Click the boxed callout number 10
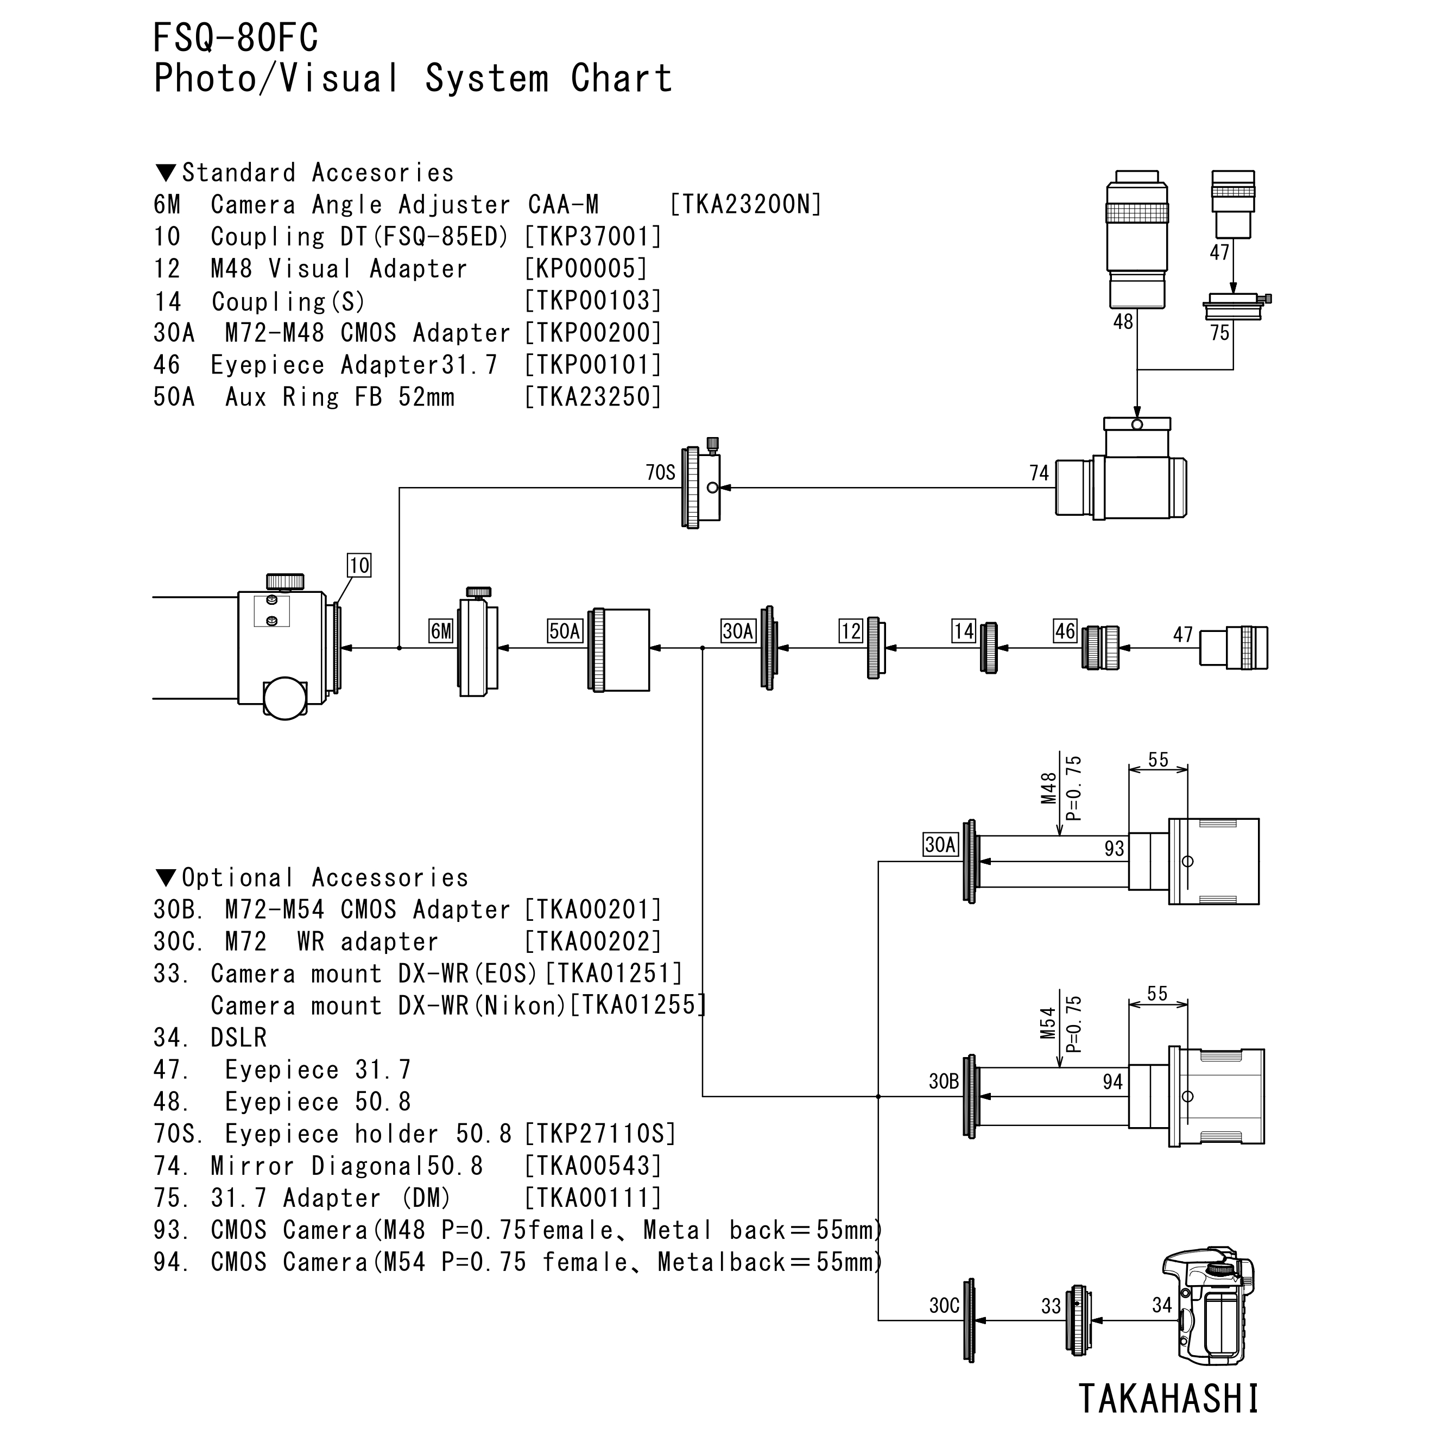point(359,565)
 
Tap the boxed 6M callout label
point(441,631)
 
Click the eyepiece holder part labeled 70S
point(701,488)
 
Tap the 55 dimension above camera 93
point(1158,760)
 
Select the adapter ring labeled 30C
point(970,1320)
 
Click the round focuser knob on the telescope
point(285,697)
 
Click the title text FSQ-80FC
point(236,37)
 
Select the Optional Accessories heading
point(312,878)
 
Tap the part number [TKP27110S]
point(599,1134)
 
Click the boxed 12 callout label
point(850,631)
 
